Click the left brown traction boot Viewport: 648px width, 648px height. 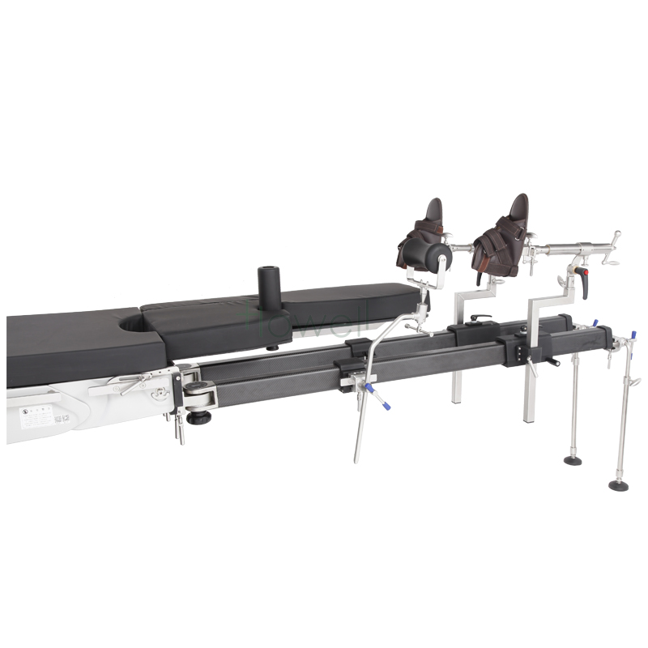[421, 239]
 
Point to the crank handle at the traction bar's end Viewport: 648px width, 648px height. [616, 240]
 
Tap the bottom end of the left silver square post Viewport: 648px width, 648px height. [457, 402]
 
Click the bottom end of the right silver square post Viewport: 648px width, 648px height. [530, 420]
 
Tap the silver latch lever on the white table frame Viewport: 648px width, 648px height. [122, 386]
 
